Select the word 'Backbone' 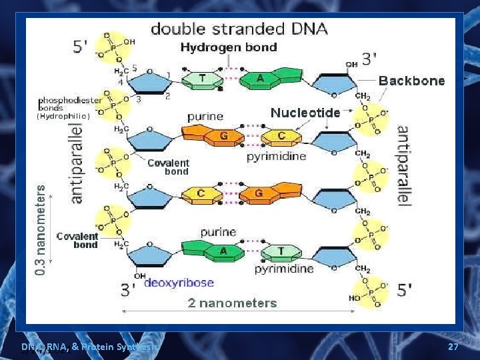coord(411,81)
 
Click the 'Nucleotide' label coord(305,113)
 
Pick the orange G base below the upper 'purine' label coord(223,137)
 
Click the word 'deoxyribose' coord(179,283)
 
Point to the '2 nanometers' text coord(232,303)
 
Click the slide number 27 coord(453,347)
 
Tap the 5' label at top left coord(80,47)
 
